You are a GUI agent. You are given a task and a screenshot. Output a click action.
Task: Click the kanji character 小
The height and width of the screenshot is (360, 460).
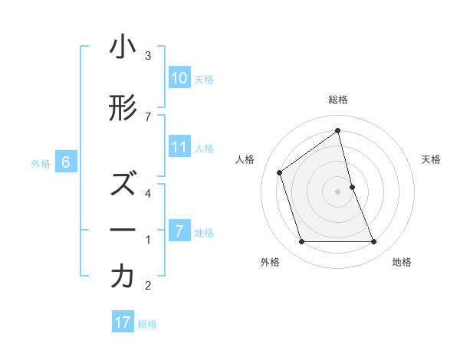[123, 48]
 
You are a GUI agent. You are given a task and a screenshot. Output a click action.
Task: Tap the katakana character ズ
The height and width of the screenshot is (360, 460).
[123, 185]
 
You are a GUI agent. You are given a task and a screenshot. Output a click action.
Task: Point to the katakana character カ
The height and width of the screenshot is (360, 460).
[123, 277]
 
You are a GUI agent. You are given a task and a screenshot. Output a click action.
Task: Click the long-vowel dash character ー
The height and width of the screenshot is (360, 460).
[123, 231]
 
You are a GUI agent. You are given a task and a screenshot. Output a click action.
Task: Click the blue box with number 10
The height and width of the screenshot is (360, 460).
[179, 78]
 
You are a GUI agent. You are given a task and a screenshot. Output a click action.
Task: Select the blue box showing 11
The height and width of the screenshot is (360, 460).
[179, 147]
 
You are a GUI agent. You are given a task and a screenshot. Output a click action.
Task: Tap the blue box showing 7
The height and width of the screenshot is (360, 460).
[179, 231]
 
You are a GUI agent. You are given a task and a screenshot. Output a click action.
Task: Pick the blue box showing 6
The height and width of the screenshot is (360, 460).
[66, 162]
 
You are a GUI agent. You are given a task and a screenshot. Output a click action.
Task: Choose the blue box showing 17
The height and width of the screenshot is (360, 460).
[123, 322]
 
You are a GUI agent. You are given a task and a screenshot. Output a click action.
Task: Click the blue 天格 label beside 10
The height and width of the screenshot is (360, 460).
[203, 79]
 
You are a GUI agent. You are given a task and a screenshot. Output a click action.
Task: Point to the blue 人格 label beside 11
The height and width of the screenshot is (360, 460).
[203, 148]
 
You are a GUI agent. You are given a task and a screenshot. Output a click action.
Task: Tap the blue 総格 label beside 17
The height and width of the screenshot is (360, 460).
[147, 323]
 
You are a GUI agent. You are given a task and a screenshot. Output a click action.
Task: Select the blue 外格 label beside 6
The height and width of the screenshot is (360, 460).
[41, 163]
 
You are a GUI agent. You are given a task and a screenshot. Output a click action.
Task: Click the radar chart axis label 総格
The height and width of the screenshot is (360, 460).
[338, 100]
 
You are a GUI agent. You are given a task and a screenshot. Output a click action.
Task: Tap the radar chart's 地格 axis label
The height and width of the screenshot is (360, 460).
[402, 262]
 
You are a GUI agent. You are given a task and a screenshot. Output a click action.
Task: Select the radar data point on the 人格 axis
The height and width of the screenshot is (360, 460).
[280, 172]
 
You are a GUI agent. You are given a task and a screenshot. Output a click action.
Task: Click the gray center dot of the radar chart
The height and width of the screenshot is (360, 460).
[338, 191]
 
